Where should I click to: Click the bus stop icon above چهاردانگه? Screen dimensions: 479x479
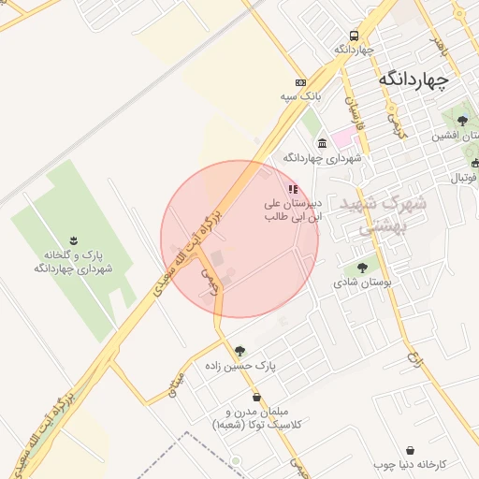[354, 34]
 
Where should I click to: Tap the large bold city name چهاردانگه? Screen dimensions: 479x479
[414, 80]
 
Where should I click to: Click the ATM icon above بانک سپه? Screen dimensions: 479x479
[299, 81]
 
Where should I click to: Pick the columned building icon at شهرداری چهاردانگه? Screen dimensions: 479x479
[323, 143]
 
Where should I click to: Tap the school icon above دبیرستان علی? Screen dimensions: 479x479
[293, 189]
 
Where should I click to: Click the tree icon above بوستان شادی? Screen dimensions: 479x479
[362, 268]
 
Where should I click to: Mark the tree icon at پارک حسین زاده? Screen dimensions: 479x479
[240, 352]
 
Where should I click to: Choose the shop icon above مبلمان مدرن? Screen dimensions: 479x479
[256, 398]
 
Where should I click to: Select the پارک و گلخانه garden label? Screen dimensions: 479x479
[75, 262]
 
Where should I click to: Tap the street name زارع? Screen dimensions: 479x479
[414, 356]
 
